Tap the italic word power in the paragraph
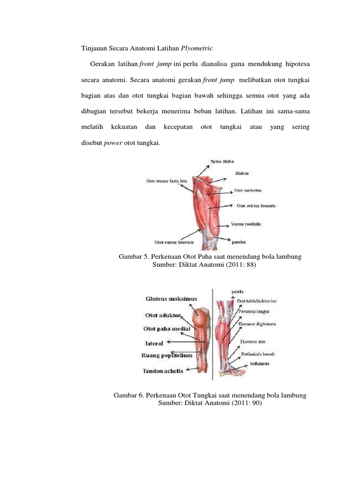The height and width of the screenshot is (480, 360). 113,143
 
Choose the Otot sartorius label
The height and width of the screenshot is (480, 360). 247,191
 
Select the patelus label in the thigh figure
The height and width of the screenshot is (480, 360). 239,242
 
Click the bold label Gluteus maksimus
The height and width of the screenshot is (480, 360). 171,298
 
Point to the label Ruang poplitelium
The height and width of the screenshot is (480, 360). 166,356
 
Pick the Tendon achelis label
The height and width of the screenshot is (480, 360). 163,371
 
